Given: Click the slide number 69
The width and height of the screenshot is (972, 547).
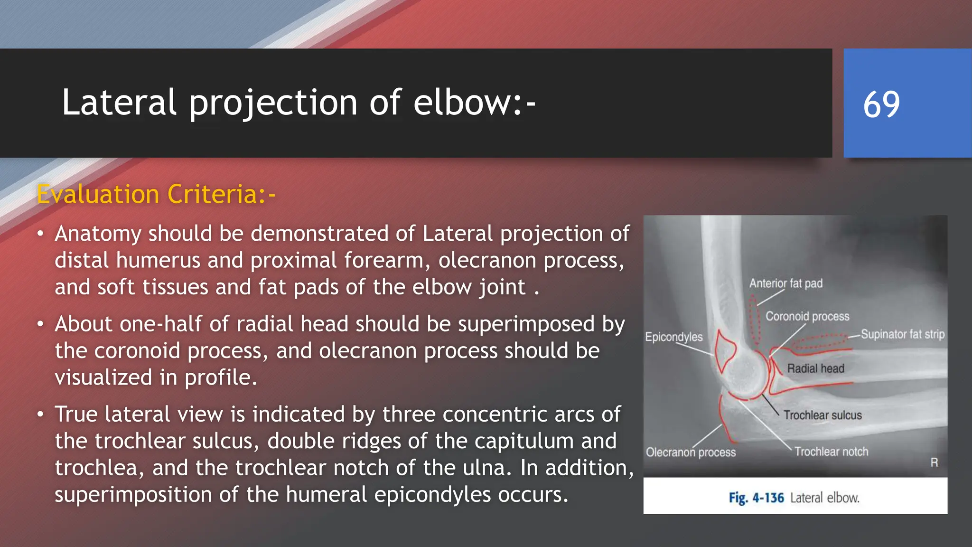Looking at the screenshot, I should (881, 104).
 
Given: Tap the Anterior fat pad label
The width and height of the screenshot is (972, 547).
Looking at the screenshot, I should (786, 283).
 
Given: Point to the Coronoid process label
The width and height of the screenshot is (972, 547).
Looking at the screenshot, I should (807, 316).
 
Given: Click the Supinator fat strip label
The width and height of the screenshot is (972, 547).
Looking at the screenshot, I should (902, 334).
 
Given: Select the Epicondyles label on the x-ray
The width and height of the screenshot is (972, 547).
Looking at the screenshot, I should (673, 337).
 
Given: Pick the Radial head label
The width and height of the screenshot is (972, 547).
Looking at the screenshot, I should (815, 368).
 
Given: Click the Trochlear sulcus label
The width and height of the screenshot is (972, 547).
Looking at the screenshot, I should (822, 415).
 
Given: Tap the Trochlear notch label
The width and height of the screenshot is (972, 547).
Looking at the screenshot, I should (831, 452).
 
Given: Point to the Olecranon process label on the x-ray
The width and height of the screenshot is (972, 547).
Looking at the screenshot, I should (691, 452).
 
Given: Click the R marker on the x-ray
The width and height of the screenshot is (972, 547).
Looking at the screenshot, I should (934, 462).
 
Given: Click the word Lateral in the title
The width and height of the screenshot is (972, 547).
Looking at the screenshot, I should (119, 103).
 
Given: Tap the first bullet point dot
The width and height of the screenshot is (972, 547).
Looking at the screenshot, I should (41, 234).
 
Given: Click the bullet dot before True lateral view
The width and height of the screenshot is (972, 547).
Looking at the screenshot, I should (41, 415).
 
